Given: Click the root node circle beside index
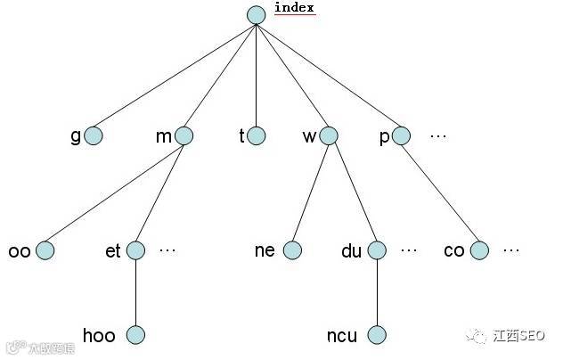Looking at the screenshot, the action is pos(257,15).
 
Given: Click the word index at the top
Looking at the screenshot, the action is pos(294,8).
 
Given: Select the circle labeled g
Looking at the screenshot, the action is pos(94,135).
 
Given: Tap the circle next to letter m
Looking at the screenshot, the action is pos(184,135).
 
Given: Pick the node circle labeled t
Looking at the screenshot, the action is pos(257,135).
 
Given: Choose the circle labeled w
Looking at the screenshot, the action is pos(329,135).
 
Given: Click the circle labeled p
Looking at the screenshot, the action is pos(401,135).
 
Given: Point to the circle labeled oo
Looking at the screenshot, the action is pos(45,250).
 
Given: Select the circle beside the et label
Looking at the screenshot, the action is pos(136,250).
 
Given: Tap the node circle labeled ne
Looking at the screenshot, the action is pos(292,250).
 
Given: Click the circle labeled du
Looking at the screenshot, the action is pos(377,250).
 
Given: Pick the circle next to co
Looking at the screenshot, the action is pos(479,250).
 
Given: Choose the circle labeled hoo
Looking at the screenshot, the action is pos(135,335).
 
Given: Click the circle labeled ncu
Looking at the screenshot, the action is pos(377,335).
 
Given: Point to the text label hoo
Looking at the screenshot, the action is pos(99,336).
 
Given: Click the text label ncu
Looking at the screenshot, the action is pos(342,336).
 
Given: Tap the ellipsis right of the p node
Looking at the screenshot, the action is pos(437,136).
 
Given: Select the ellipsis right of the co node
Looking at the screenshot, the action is pos(510,250).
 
